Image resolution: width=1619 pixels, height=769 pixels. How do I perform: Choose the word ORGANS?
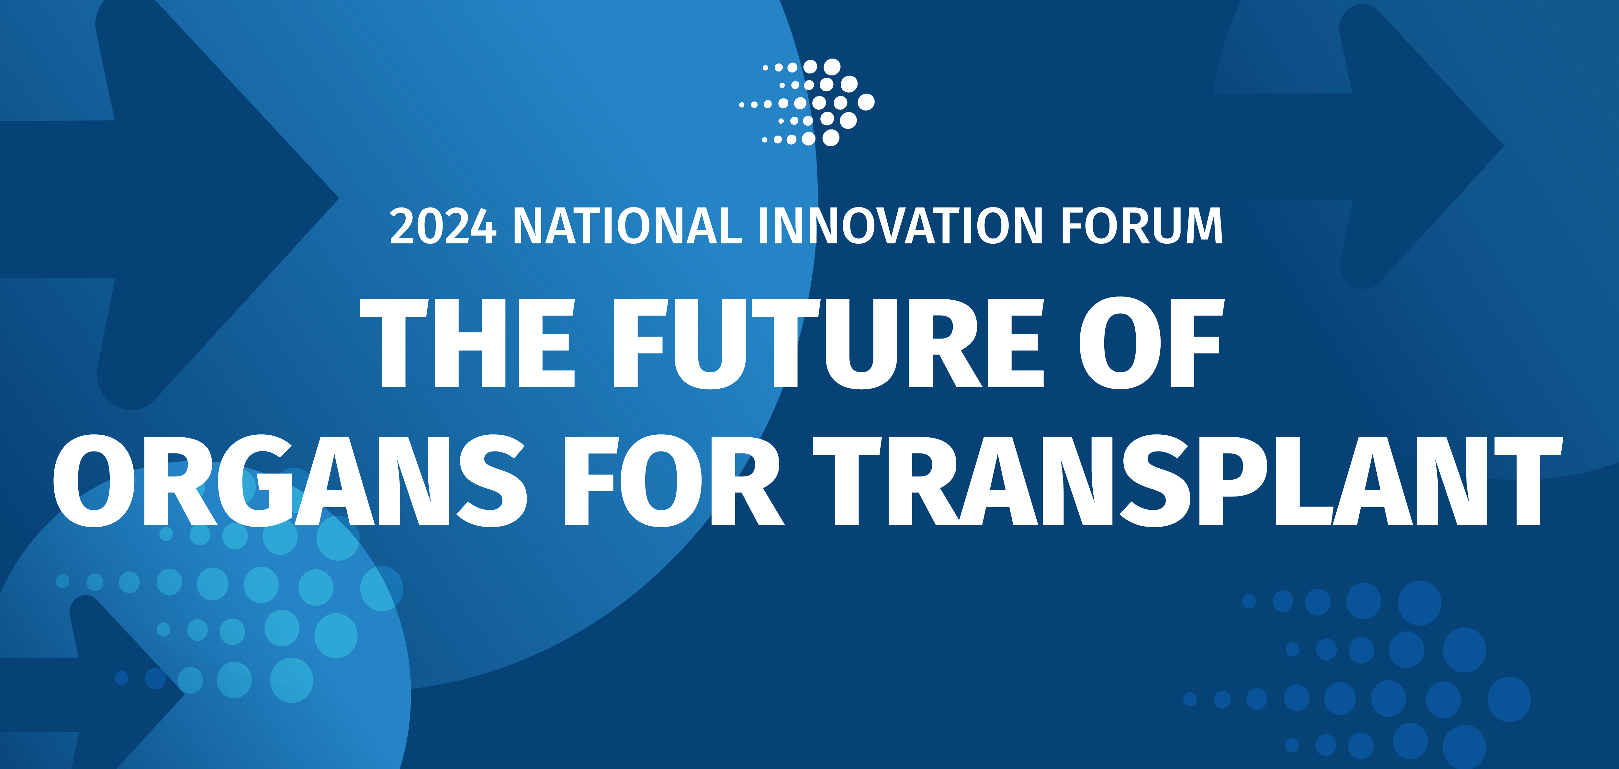pyautogui.click(x=289, y=481)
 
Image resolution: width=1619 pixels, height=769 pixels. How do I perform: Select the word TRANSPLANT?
pyautogui.click(x=1188, y=481)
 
